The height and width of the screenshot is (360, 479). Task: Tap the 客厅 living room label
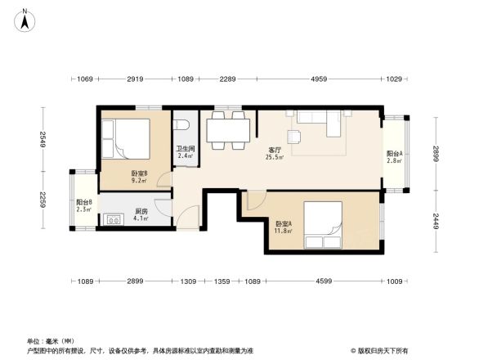275,150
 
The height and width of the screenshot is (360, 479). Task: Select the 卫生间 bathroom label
186,149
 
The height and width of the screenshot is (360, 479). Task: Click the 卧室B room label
139,173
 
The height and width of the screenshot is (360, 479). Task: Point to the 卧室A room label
284,223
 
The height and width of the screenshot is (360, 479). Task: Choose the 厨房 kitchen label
141,211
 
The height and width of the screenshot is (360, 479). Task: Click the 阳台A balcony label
395,155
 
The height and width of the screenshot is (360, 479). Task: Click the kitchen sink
110,219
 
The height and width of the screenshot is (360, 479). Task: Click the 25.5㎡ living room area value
275,158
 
